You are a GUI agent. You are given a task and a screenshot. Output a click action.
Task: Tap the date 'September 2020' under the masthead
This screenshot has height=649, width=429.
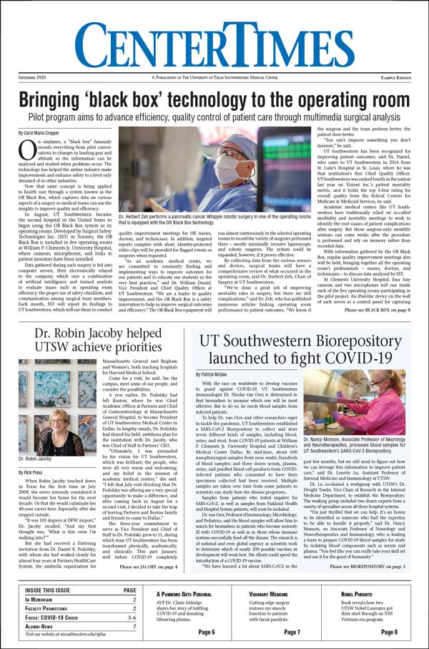point(33,77)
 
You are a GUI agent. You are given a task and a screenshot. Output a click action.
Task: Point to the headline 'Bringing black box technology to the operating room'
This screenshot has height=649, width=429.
point(214,99)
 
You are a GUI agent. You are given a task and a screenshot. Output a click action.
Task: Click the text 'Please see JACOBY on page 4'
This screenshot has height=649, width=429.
point(150,566)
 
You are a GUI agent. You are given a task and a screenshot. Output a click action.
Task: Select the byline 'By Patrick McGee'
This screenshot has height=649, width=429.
point(214,374)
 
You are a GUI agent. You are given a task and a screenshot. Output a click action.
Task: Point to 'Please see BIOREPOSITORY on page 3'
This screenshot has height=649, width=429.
point(368,566)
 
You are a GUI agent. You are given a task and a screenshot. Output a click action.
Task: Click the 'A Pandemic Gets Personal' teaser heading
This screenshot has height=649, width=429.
point(184,594)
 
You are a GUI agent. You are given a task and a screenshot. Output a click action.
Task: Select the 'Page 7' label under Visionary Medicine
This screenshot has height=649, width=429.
point(292,633)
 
